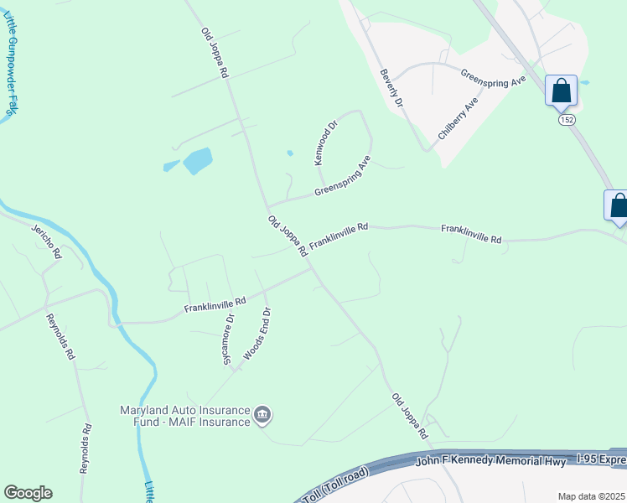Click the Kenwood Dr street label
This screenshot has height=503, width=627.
tap(324, 143)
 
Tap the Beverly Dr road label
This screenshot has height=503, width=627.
tap(391, 87)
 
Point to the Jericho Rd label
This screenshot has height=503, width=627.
tap(47, 241)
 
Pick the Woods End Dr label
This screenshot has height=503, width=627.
tap(256, 334)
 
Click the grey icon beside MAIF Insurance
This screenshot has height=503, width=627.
tap(262, 415)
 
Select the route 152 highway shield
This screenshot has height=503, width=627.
tap(567, 120)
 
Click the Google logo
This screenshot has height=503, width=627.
tap(28, 493)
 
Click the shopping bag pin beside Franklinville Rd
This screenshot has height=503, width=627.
tap(618, 206)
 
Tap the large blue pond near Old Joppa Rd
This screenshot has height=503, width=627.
tap(197, 160)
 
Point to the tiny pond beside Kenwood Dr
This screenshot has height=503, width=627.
tap(290, 153)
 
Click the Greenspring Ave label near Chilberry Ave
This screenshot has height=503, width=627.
tap(493, 82)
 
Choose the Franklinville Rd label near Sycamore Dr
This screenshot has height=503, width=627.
tap(215, 305)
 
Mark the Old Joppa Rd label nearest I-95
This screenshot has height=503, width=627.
tap(410, 416)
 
